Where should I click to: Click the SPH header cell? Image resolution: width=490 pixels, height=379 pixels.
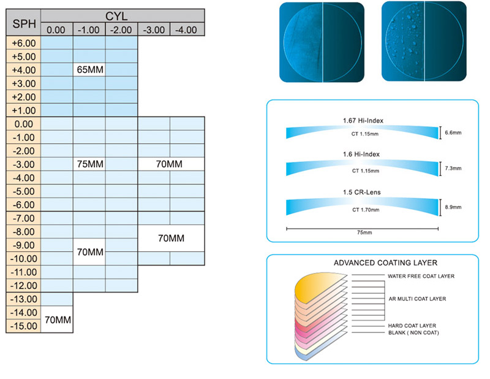(23, 23)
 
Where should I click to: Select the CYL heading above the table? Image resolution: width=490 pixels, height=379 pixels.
(116, 16)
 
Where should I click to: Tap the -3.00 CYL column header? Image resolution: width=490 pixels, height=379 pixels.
(154, 29)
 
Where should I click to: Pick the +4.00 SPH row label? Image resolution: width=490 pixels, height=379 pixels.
(23, 70)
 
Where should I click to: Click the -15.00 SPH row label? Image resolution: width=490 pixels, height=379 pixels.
(23, 326)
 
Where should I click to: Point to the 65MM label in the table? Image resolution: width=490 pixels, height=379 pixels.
(90, 69)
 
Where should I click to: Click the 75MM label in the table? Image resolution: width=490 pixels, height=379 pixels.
(90, 164)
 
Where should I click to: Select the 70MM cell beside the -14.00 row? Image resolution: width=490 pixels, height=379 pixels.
(58, 320)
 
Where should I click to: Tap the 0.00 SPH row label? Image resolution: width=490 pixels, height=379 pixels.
(23, 124)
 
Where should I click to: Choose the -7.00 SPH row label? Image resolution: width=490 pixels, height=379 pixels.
(23, 218)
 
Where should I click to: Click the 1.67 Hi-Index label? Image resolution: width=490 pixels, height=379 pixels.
(363, 120)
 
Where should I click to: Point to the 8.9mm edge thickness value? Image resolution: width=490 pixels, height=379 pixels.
(453, 207)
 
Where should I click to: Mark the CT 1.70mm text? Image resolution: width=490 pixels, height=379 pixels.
(366, 210)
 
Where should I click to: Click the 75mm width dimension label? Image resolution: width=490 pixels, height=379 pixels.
(364, 232)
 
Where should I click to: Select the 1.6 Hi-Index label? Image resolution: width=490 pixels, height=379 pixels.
(361, 155)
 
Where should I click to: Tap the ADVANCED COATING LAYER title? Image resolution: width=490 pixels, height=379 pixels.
(385, 263)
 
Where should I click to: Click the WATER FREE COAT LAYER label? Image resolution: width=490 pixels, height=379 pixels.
(421, 276)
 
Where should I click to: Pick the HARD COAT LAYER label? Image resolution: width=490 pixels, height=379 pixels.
(412, 326)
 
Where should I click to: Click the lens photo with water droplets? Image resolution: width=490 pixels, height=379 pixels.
(424, 41)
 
